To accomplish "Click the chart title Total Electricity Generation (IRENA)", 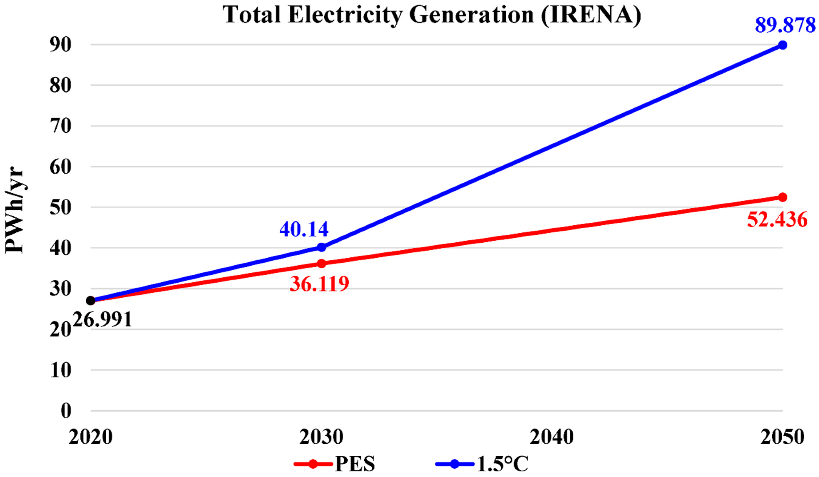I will click(x=432, y=15).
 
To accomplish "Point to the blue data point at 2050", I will click(x=783, y=45).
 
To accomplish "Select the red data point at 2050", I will click(x=783, y=197).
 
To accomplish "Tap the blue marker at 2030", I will click(x=321, y=247).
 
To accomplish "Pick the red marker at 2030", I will click(x=321, y=264).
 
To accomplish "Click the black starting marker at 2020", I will click(x=91, y=301).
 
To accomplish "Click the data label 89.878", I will click(x=785, y=25).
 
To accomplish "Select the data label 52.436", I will click(x=777, y=220).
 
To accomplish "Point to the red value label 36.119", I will click(x=319, y=284).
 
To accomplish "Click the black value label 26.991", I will click(x=102, y=319).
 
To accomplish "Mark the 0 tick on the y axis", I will click(x=66, y=411).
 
